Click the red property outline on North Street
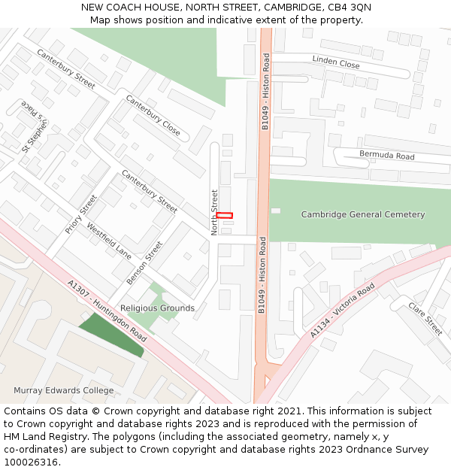(x=225, y=216)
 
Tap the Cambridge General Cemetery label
(x=363, y=214)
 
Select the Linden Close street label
(x=336, y=62)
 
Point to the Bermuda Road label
(x=386, y=156)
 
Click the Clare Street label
(x=425, y=318)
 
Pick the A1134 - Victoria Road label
(x=342, y=311)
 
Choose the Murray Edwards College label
(x=64, y=390)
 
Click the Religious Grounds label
(x=157, y=308)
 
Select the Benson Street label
(x=144, y=262)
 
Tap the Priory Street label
(x=81, y=214)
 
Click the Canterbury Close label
(x=153, y=115)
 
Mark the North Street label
(x=215, y=212)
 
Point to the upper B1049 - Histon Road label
(x=265, y=92)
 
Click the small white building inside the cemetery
(x=276, y=211)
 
